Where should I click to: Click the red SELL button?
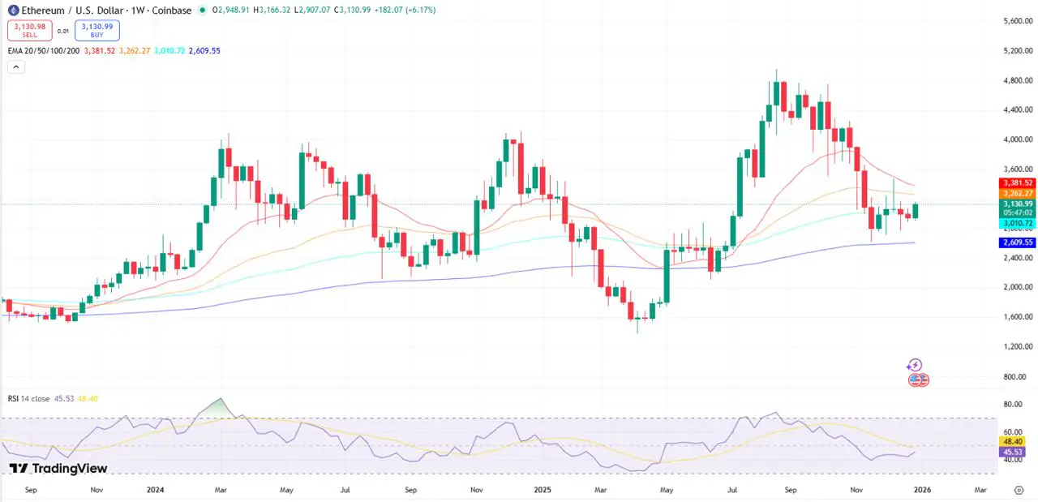pyautogui.click(x=30, y=31)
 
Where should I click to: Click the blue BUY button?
pyautogui.click(x=97, y=31)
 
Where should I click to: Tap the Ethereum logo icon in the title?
pyautogui.click(x=13, y=10)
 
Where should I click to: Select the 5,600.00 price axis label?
pyautogui.click(x=1016, y=20)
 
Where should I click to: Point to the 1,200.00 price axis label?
pyautogui.click(x=1016, y=346)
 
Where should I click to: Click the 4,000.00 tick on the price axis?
pyautogui.click(x=1016, y=139)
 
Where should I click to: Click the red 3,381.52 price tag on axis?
pyautogui.click(x=1017, y=183)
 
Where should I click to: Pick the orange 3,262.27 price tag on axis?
pyautogui.click(x=1017, y=193)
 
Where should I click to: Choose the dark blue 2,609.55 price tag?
pyautogui.click(x=1017, y=242)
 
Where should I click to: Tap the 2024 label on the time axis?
pyautogui.click(x=155, y=490)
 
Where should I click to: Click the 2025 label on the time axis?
pyautogui.click(x=543, y=490)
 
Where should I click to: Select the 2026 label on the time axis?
pyautogui.click(x=922, y=490)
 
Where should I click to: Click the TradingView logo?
pyautogui.click(x=58, y=468)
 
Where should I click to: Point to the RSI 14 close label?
pyautogui.click(x=29, y=398)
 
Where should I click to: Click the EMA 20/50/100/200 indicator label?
pyautogui.click(x=44, y=50)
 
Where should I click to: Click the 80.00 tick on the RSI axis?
pyautogui.click(x=1012, y=404)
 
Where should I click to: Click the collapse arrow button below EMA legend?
pyautogui.click(x=16, y=67)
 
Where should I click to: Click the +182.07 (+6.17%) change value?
pyautogui.click(x=403, y=10)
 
